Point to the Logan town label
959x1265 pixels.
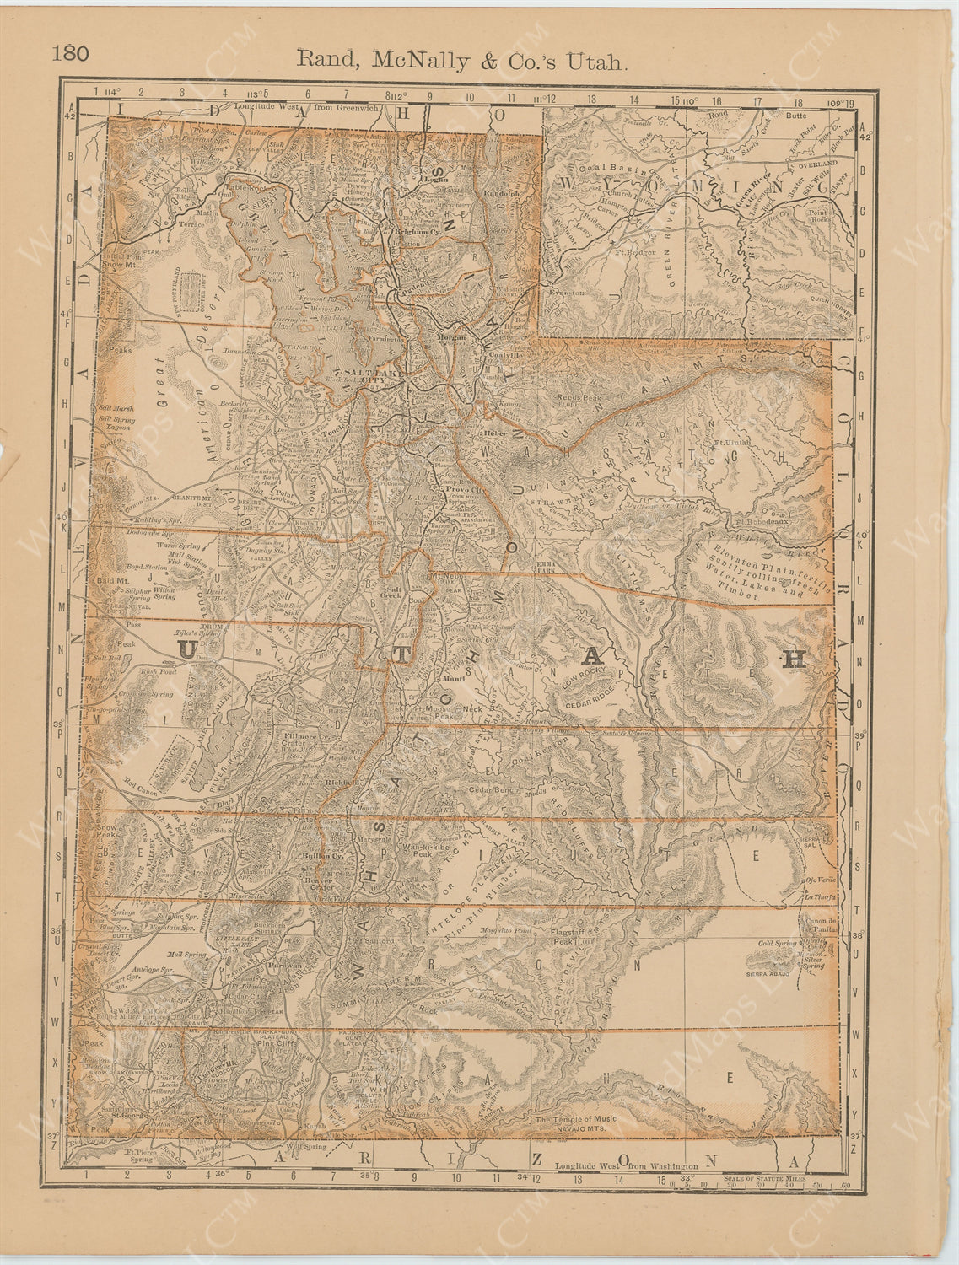(436, 179)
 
